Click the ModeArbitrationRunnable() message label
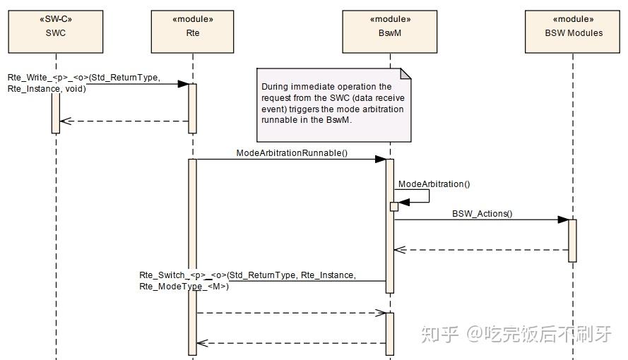click(x=292, y=152)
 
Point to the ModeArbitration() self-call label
click(x=434, y=184)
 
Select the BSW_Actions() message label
click(x=482, y=213)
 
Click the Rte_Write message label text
click(x=83, y=83)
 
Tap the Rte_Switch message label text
click(x=247, y=280)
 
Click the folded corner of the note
click(x=405, y=73)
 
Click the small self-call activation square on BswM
click(x=394, y=206)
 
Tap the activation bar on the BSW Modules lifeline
click(x=572, y=240)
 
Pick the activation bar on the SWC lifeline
click(x=55, y=109)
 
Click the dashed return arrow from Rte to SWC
click(x=124, y=121)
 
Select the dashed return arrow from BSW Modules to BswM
click(x=480, y=249)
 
